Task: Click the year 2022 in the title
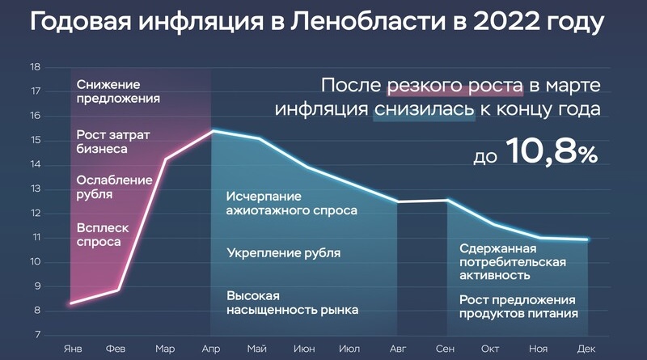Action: click(x=506, y=22)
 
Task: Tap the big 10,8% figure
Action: click(x=552, y=151)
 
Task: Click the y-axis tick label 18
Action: click(x=35, y=67)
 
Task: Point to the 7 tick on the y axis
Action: click(x=37, y=335)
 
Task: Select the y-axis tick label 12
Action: click(x=35, y=214)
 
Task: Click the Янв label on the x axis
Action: click(x=73, y=349)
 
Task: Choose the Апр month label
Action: click(x=211, y=349)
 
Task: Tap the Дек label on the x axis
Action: click(x=586, y=349)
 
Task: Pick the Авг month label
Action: click(x=398, y=349)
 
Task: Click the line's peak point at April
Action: click(x=213, y=130)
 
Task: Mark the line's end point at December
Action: click(x=587, y=239)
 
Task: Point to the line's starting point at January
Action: click(x=71, y=303)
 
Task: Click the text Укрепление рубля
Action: click(x=284, y=253)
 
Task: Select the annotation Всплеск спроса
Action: click(x=103, y=235)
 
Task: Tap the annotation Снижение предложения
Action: click(x=118, y=91)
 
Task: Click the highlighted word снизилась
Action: click(x=424, y=109)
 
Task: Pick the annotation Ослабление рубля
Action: click(x=114, y=187)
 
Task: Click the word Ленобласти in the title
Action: click(x=368, y=22)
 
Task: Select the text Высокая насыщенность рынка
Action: click(x=293, y=303)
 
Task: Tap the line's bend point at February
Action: click(x=118, y=290)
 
